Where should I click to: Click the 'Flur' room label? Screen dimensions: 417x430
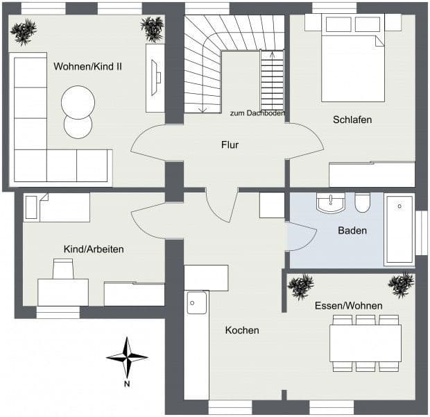(230, 145)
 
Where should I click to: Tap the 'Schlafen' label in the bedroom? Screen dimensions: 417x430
(352, 120)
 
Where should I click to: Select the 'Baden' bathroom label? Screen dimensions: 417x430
(352, 231)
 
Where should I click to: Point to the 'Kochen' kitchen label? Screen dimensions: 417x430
(242, 330)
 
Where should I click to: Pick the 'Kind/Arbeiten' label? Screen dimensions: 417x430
(94, 249)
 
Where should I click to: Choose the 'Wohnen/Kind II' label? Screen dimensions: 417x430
(87, 67)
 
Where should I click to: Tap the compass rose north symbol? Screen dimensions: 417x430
(127, 357)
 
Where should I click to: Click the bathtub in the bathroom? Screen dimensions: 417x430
(399, 229)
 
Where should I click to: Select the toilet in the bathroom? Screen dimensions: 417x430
(363, 203)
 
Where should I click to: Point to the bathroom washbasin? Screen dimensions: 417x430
(331, 203)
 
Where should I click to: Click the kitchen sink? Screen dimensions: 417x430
(196, 302)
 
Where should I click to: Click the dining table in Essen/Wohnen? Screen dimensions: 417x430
(365, 343)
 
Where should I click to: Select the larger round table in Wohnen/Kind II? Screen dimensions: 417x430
(78, 102)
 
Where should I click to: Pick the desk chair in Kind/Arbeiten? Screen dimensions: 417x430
(63, 268)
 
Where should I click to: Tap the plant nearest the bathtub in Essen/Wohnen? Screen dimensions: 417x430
(401, 284)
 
